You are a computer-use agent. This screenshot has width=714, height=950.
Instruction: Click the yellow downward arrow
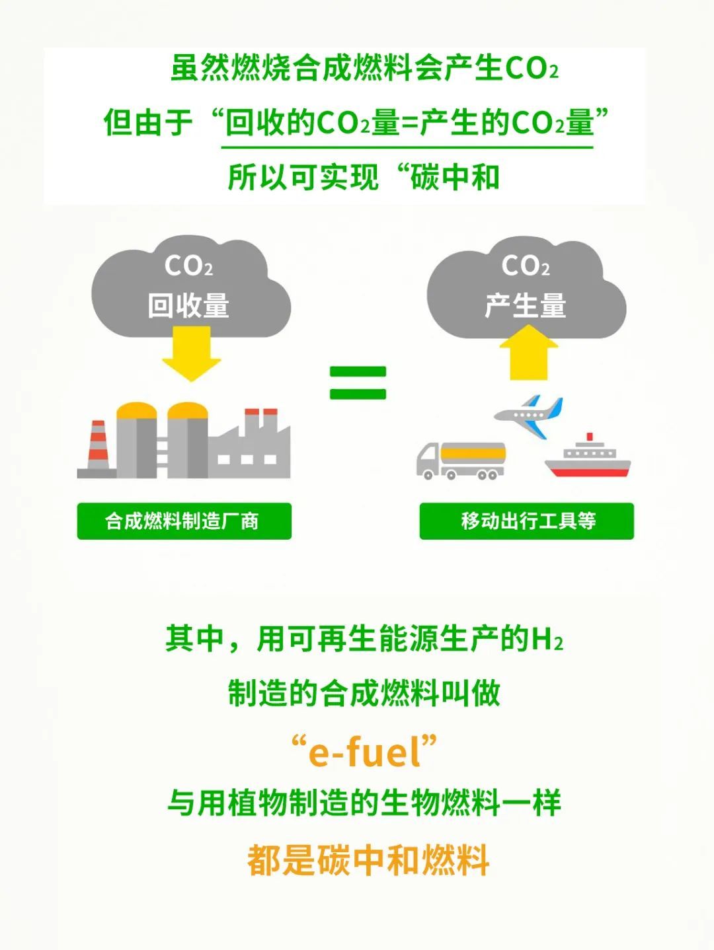pos(191,353)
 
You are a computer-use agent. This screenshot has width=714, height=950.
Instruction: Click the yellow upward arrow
pos(529,353)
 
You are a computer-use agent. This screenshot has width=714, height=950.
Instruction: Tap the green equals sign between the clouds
pos(358,383)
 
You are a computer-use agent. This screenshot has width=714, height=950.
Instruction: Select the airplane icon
pos(529,416)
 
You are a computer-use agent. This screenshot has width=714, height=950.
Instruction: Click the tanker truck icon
pos(461,461)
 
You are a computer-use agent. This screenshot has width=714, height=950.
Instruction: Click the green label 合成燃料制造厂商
pos(184,521)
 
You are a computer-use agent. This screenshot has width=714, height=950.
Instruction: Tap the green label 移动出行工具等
pos(526,521)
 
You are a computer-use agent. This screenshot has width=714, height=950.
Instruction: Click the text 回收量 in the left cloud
pos(188,306)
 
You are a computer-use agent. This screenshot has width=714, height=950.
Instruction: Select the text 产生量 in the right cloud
pos(525,306)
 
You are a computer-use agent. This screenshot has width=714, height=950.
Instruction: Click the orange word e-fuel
pos(364,752)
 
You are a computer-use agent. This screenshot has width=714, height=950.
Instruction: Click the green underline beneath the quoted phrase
pos(407,147)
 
